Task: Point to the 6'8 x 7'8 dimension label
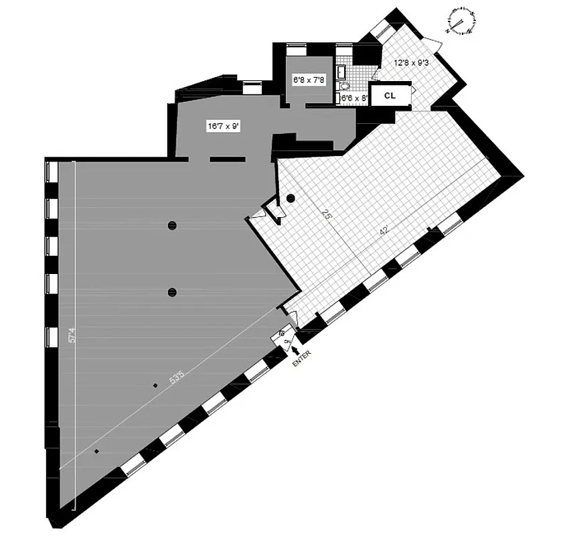(x=308, y=79)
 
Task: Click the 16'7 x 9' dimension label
(x=223, y=125)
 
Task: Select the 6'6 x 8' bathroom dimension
(x=354, y=98)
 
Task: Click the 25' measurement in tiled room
(x=327, y=216)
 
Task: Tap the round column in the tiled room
(x=291, y=198)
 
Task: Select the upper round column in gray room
(x=172, y=225)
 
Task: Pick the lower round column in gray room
(x=172, y=291)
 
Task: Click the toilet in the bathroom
(x=345, y=86)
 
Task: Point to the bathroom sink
(x=341, y=72)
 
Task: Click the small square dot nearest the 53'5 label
(x=155, y=385)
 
